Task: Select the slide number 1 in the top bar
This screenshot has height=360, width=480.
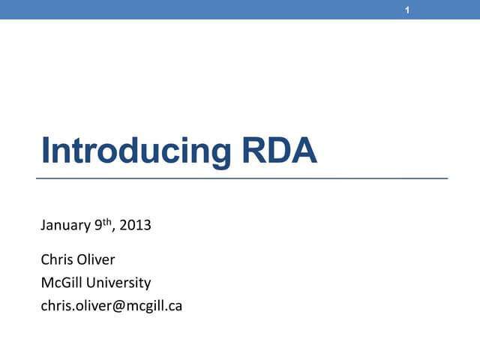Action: (x=406, y=9)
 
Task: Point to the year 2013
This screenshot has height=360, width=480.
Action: (x=136, y=223)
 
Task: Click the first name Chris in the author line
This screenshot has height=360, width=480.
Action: (x=55, y=261)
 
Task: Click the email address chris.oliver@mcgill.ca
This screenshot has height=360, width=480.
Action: (x=111, y=305)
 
